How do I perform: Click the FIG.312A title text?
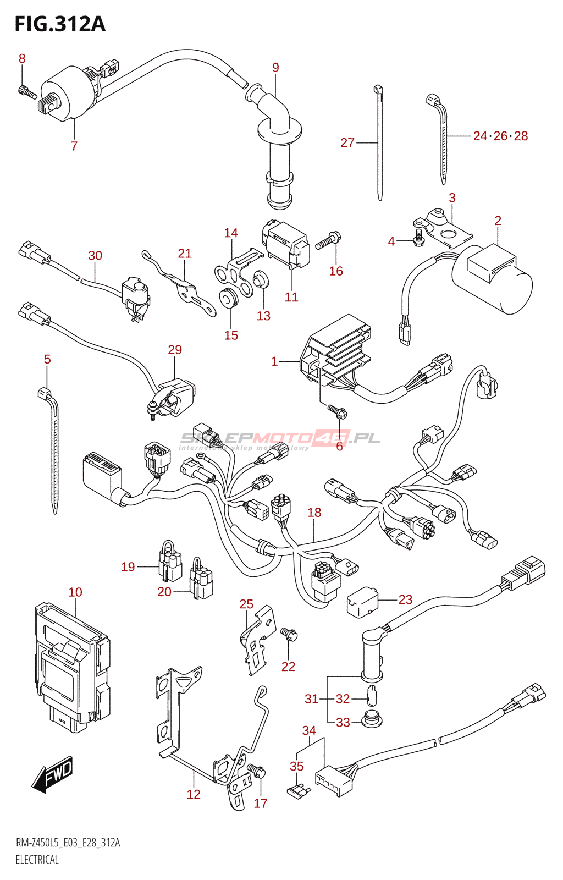click(60, 24)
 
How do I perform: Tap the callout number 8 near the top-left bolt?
click(22, 58)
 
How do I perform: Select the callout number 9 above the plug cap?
click(275, 67)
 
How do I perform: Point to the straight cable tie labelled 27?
click(379, 143)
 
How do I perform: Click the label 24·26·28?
click(500, 136)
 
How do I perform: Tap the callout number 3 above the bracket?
click(452, 197)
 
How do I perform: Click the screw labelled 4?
click(418, 239)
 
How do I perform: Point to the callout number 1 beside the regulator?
click(274, 361)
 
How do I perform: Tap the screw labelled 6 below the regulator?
click(336, 410)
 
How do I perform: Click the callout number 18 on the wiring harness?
click(314, 513)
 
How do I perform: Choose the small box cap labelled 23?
click(362, 602)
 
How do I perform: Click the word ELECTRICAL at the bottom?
click(37, 860)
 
